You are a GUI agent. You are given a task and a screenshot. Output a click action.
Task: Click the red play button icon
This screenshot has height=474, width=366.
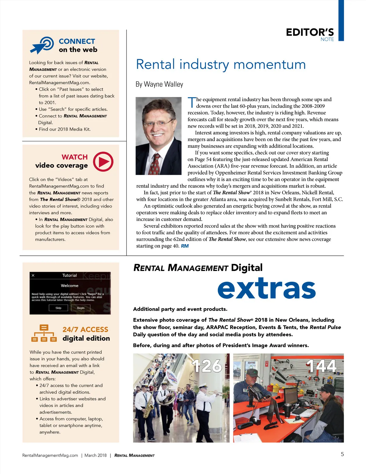pyautogui.click(x=103, y=161)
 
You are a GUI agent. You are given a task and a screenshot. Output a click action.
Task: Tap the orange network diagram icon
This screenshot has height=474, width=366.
pyautogui.click(x=44, y=333)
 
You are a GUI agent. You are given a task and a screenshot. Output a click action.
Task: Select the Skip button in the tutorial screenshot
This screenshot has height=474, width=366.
pyautogui.click(x=58, y=308)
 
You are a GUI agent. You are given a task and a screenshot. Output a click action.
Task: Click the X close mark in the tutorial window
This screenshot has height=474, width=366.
pyautogui.click(x=33, y=275)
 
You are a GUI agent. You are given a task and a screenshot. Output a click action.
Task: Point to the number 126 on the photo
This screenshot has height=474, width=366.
pyautogui.click(x=207, y=366)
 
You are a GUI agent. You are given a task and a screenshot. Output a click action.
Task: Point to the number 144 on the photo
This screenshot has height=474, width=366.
pyautogui.click(x=321, y=366)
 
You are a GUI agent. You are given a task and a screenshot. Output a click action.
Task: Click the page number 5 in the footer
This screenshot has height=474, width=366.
pyautogui.click(x=342, y=454)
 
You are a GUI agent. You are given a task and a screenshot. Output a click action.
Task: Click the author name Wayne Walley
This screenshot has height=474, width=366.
pyautogui.click(x=163, y=84)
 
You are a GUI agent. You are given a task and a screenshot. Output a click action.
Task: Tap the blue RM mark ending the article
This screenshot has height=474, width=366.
pyautogui.click(x=185, y=246)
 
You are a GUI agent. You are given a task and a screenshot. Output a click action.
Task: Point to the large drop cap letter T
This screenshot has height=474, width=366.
pyautogui.click(x=192, y=103)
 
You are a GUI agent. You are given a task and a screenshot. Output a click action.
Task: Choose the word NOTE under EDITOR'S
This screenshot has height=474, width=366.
pyautogui.click(x=327, y=39)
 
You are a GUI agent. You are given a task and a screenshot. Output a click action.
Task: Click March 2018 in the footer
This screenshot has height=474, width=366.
pyautogui.click(x=95, y=455)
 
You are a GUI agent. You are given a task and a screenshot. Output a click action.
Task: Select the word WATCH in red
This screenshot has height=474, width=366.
pyautogui.click(x=74, y=157)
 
